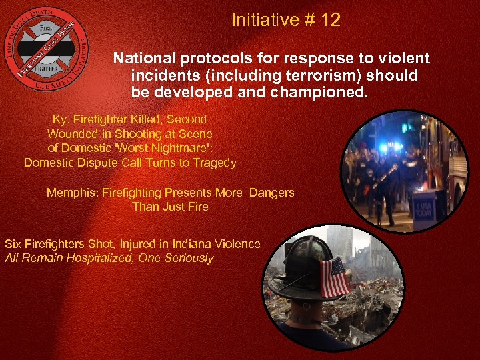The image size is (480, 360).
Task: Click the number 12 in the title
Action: pos(330,21)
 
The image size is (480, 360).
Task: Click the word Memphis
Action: pos(70,193)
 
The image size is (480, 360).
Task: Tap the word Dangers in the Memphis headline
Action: pos(271,193)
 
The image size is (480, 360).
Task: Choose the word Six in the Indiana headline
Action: pos(13,244)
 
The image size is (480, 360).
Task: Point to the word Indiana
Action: pos(183,244)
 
